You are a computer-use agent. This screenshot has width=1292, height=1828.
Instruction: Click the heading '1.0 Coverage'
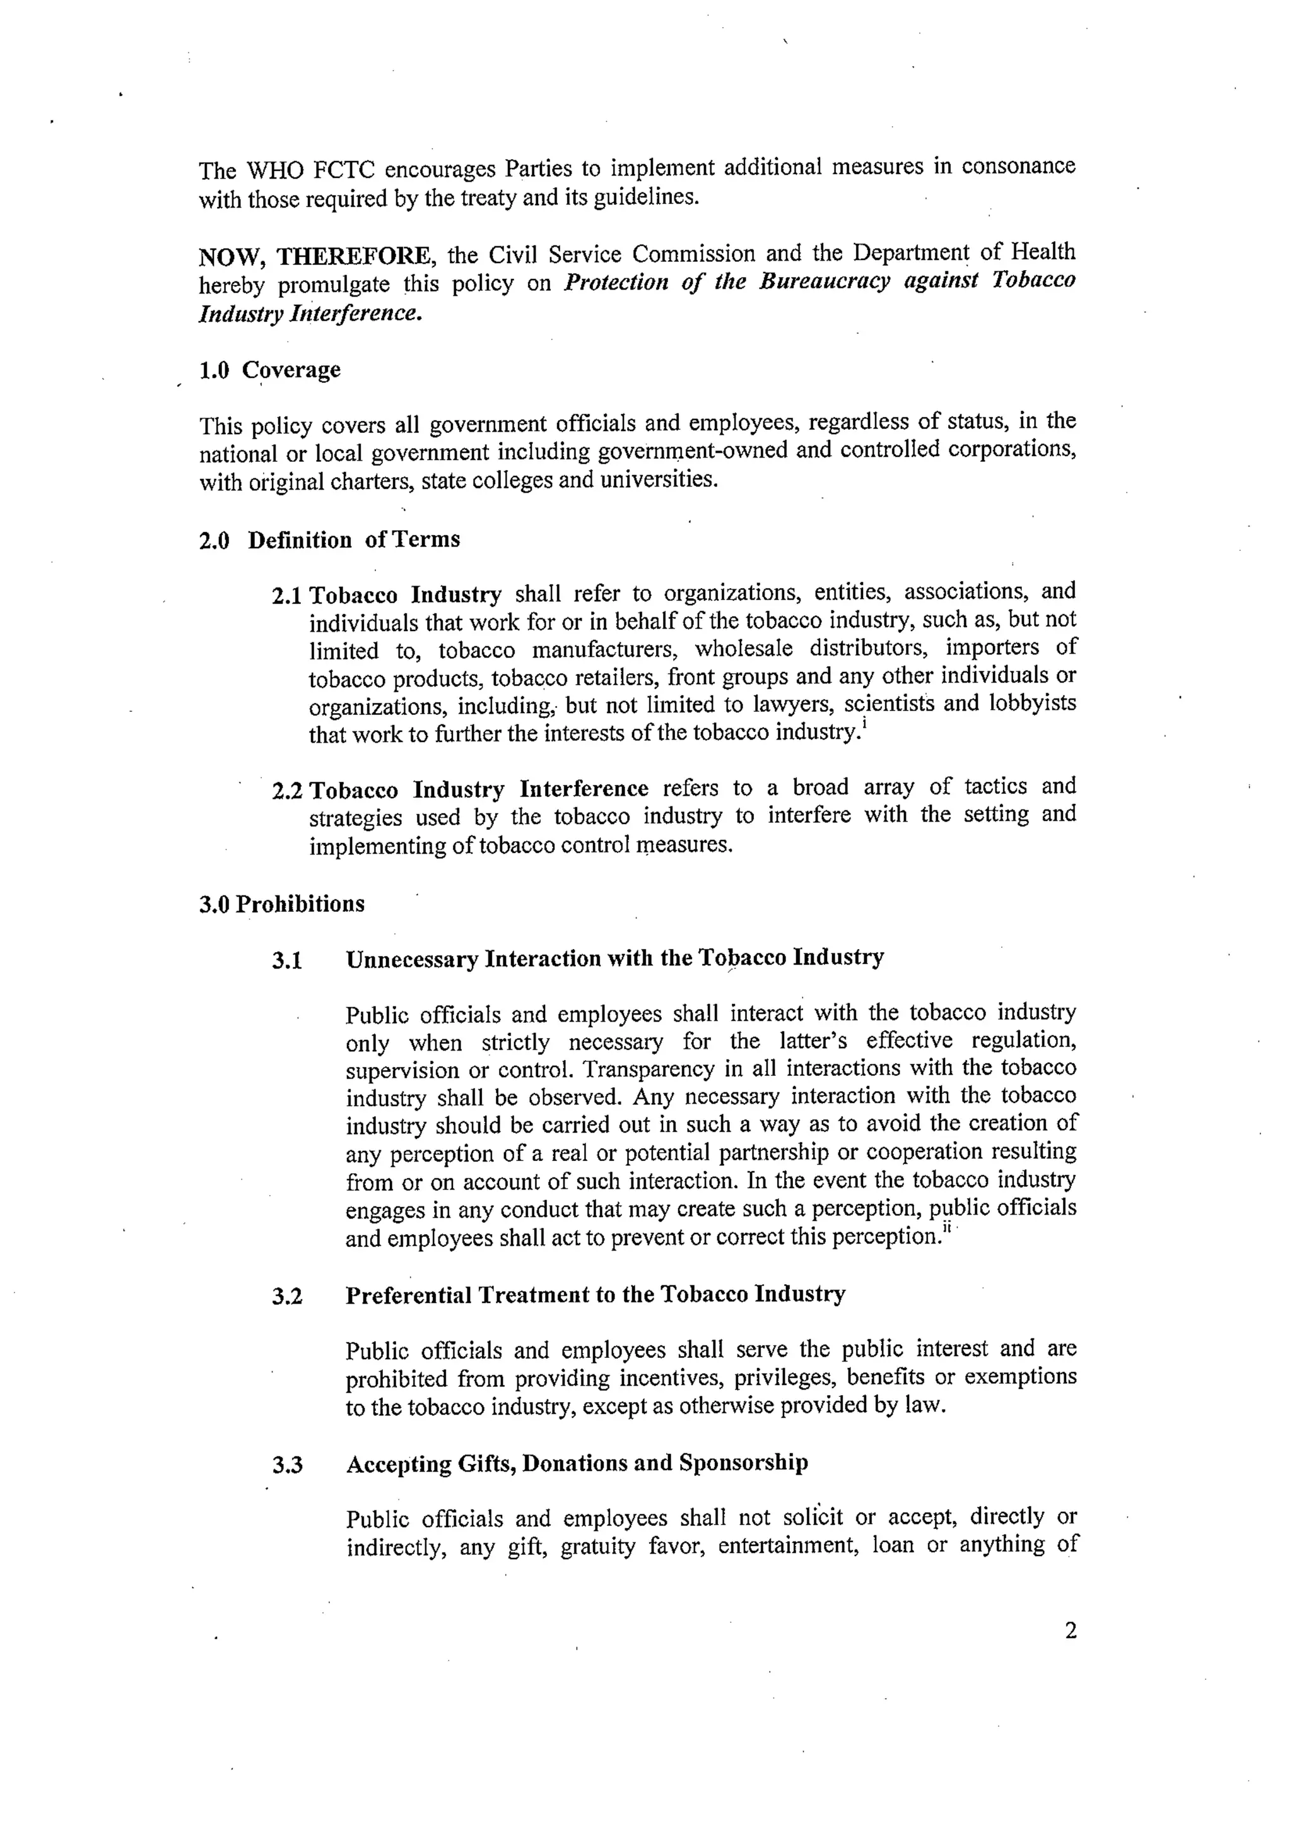tap(269, 370)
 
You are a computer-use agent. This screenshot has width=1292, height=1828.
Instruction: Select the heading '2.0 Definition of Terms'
tap(329, 540)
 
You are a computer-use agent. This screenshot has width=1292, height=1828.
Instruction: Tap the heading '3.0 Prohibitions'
tap(282, 904)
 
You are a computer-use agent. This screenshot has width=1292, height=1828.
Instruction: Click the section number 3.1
tap(286, 960)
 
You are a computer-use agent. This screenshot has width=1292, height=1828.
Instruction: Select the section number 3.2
tap(286, 1296)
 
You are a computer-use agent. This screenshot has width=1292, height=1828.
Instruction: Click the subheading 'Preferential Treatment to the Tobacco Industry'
tap(595, 1295)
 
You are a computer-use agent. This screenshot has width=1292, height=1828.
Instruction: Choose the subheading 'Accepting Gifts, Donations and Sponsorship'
tap(577, 1463)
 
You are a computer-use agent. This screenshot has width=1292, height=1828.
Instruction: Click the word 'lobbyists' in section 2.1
tap(1031, 704)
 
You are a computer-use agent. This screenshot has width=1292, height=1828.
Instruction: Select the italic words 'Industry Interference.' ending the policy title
tap(310, 314)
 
